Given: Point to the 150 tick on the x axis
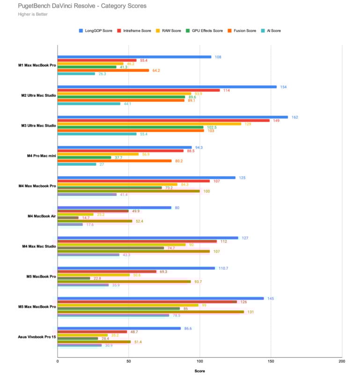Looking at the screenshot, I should coord(271,361).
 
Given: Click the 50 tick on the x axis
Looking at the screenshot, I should coord(129,361).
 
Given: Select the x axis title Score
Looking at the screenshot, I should coord(199,370).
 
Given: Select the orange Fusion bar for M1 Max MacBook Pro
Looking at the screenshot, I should coord(103,70).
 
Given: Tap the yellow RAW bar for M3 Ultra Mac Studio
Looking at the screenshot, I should coord(149,124).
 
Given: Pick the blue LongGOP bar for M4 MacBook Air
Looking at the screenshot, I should coord(114,207).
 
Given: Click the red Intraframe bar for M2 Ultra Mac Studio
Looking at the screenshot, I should coord(139,90).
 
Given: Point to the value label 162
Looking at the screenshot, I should coord(294,117).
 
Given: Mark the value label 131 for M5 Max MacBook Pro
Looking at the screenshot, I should coord(250,312).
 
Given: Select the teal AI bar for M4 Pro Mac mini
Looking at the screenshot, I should coord(77,164).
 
